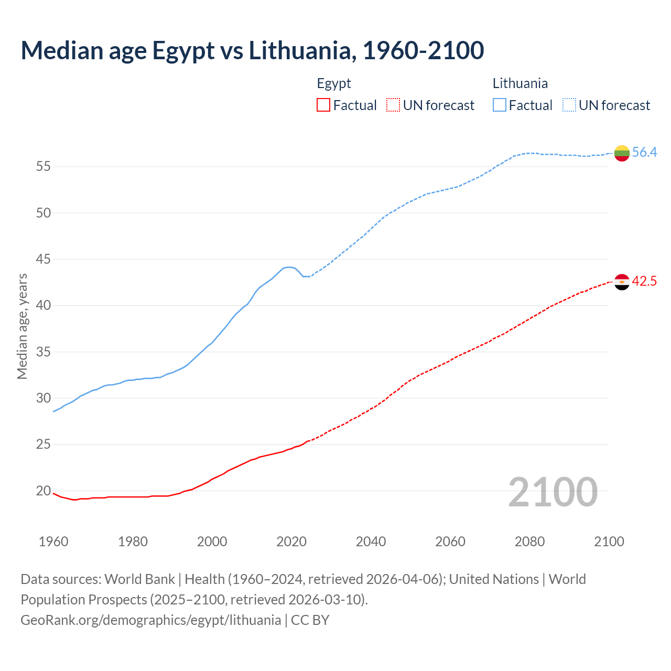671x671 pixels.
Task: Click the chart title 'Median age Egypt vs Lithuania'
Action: (x=252, y=50)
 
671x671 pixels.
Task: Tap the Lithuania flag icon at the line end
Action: (x=622, y=153)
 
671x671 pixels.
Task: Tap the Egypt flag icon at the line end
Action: (x=622, y=282)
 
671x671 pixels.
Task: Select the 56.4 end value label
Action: (x=644, y=153)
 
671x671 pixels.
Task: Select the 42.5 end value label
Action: (x=644, y=282)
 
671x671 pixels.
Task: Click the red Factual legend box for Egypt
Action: (x=323, y=105)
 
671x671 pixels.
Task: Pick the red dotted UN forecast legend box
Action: (x=393, y=105)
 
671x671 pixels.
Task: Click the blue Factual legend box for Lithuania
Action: (x=500, y=105)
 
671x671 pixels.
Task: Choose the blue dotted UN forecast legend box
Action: (x=569, y=105)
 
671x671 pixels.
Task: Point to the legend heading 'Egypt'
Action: (x=334, y=83)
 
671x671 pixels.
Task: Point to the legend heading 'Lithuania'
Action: (x=520, y=83)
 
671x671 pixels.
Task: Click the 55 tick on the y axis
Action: (x=44, y=167)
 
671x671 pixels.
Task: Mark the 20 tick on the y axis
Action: (x=44, y=491)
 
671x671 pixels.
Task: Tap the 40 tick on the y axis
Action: (x=44, y=306)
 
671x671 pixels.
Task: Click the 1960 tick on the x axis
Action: (x=53, y=542)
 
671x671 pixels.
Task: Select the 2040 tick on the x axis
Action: (x=371, y=542)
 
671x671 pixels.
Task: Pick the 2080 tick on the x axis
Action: (x=529, y=542)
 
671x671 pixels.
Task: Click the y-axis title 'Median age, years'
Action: (x=22, y=326)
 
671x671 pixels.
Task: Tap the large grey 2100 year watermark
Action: (x=553, y=492)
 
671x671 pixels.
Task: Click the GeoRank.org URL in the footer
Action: (x=151, y=620)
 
